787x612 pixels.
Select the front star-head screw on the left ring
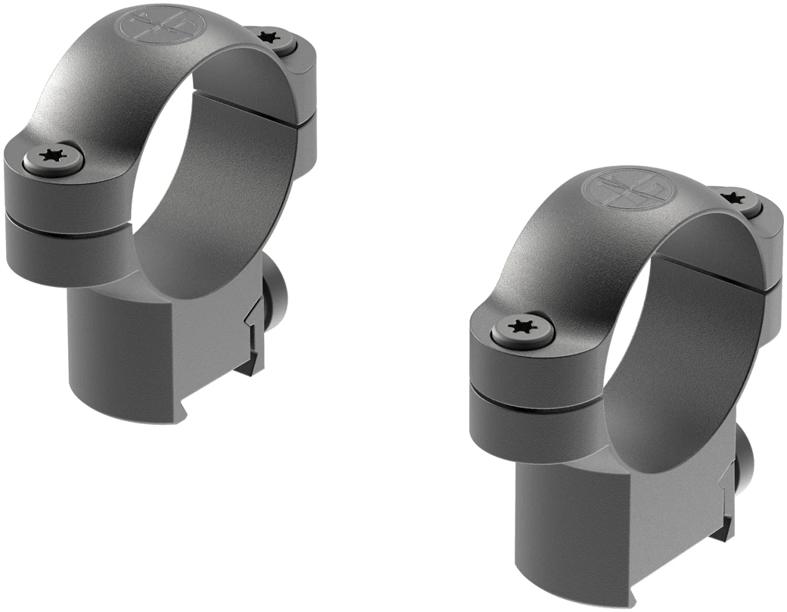(x=52, y=159)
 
